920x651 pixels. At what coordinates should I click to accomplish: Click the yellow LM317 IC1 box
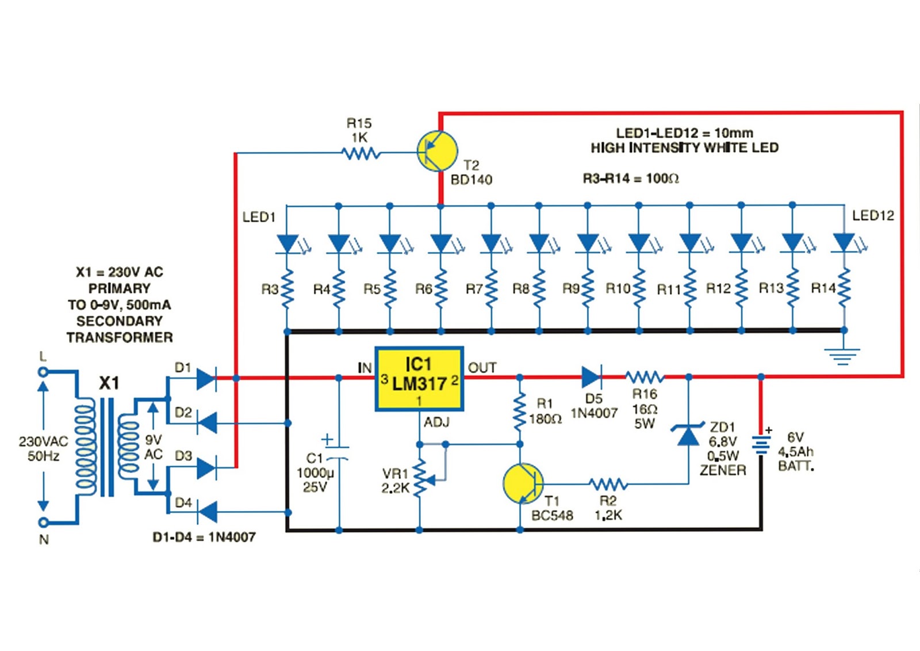coord(419,379)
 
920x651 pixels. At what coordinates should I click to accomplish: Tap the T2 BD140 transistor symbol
coord(437,151)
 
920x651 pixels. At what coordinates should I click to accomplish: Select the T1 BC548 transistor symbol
coord(523,484)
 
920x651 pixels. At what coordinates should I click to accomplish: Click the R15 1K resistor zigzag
coord(361,154)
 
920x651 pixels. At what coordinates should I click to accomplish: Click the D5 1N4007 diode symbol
coord(592,377)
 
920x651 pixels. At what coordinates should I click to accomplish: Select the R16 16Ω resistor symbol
coord(645,376)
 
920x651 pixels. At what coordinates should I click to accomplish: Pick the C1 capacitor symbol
coord(339,451)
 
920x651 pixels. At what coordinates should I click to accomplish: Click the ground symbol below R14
coord(843,356)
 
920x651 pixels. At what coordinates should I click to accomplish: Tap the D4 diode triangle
coord(207,512)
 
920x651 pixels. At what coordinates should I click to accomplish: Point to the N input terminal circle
coord(43,522)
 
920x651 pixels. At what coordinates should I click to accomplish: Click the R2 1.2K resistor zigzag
coord(608,485)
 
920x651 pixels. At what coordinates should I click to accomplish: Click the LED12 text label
coord(873,215)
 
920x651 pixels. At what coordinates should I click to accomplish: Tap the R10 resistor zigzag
coord(639,288)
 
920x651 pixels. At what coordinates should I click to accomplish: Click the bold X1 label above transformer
coord(109,384)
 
